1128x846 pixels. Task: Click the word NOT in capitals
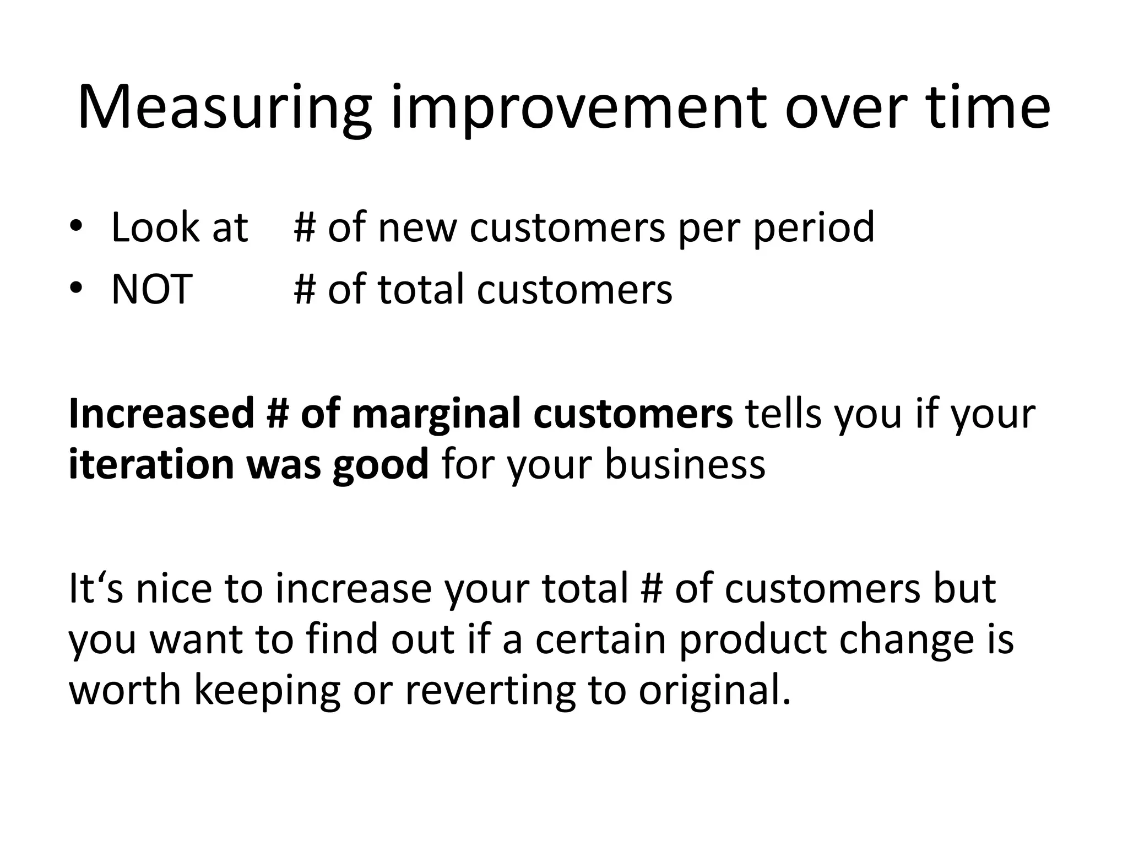pos(151,290)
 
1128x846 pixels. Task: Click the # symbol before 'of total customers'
pos(305,290)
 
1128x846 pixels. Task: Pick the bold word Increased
pos(161,414)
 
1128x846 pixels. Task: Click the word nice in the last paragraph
pos(173,589)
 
